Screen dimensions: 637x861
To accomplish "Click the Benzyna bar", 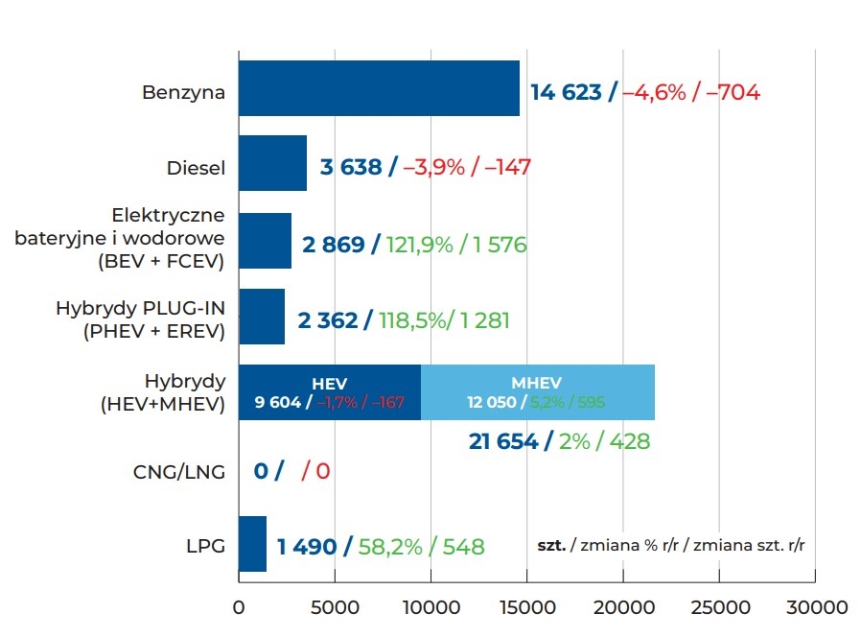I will coord(379,88).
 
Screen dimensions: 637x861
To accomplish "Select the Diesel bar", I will coord(272,163).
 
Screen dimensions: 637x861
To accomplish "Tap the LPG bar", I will coord(252,544).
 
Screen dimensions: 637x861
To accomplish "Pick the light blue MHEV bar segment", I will coord(538,392).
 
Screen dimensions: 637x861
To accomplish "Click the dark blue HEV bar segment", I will coord(329,392).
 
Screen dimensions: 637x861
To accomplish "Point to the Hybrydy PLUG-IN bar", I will coord(261,317).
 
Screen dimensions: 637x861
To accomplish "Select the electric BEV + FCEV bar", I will coord(265,241).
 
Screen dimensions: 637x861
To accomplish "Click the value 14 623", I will coord(567,92).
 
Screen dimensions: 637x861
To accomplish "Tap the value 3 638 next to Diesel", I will coord(351,167).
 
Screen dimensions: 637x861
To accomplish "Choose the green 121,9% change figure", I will coord(420,245).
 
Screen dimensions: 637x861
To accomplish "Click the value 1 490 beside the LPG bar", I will coord(307,547).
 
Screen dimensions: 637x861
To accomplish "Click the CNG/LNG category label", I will coord(179,471).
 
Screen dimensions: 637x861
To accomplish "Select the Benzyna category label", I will coord(183,93).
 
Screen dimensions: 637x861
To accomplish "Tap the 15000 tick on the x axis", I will coord(526,607).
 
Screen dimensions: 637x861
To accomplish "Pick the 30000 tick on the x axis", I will coord(815,607).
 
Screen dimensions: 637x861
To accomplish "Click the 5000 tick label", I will coord(334,607).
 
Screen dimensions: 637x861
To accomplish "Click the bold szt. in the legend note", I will coord(551,545).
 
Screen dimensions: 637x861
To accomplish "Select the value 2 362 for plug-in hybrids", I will coord(327,319).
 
